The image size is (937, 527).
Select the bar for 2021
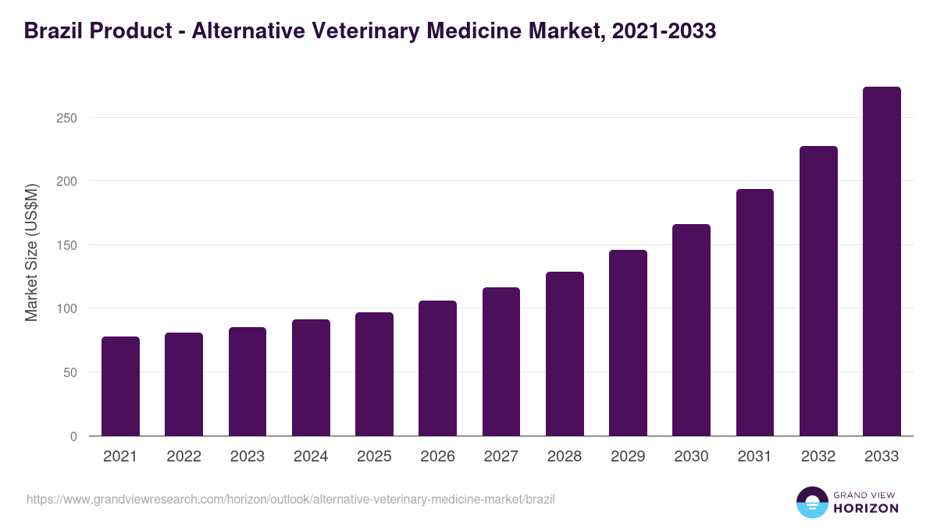[120, 386]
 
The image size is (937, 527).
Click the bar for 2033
[882, 262]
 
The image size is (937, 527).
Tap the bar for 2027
[501, 361]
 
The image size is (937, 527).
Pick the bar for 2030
[691, 330]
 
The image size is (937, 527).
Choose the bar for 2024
[311, 378]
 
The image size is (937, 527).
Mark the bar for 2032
[818, 291]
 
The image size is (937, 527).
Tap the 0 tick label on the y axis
[73, 436]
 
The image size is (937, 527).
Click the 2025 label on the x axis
[374, 457]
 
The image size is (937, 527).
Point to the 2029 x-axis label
[628, 457]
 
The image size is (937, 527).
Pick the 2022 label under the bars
[183, 457]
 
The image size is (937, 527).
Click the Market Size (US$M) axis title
[32, 251]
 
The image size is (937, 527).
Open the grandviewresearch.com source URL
[290, 499]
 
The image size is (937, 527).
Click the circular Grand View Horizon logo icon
[811, 502]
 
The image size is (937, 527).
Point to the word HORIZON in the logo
[866, 508]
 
